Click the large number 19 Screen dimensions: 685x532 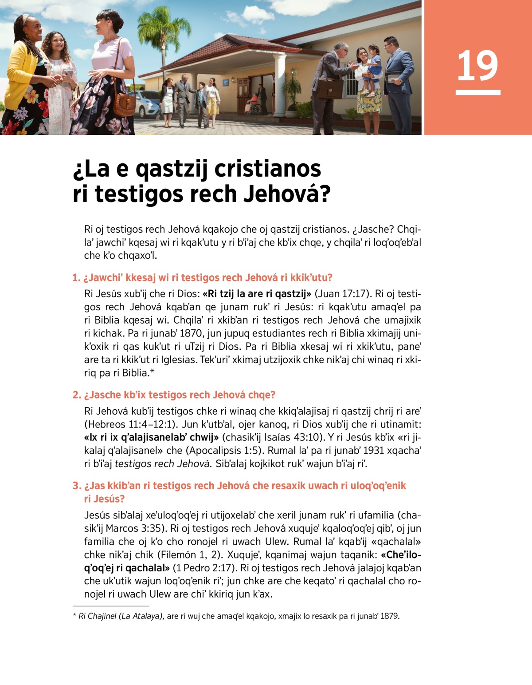point(477,66)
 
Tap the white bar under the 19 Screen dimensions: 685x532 point(477,92)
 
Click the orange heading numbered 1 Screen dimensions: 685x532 point(202,278)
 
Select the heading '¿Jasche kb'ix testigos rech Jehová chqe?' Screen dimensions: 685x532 point(174,395)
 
